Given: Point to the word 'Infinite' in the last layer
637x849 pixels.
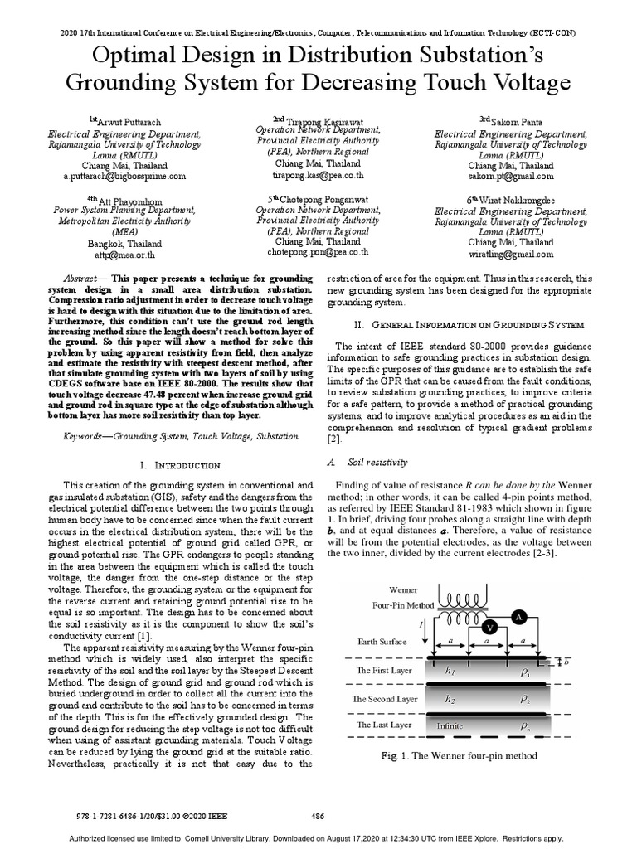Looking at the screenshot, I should [450, 725].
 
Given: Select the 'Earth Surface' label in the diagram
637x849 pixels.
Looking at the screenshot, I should [382, 641].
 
